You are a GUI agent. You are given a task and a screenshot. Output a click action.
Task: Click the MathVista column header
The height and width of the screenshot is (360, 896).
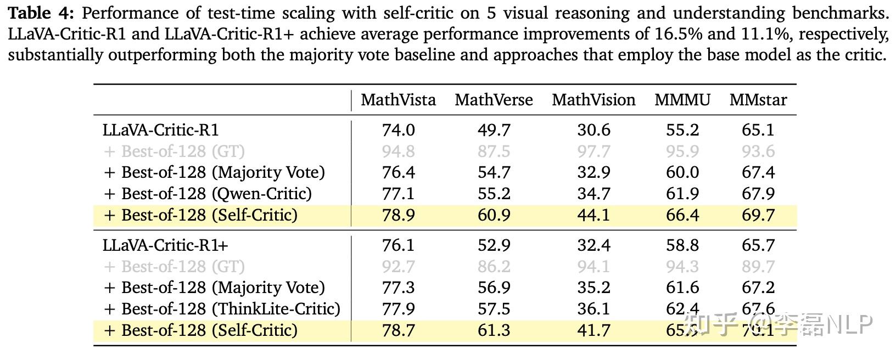(398, 100)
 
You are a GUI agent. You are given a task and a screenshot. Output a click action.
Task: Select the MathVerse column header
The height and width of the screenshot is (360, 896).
(494, 100)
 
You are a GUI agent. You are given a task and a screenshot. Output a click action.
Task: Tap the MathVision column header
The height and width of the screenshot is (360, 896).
(593, 100)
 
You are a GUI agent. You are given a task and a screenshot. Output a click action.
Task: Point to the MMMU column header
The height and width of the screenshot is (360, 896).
(682, 100)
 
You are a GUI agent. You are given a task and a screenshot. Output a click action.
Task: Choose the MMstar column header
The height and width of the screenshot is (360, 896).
(758, 100)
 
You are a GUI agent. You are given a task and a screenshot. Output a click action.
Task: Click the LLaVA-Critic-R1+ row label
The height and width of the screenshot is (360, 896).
(165, 245)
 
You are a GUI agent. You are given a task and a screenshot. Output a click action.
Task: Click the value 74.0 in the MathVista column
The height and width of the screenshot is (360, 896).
(398, 130)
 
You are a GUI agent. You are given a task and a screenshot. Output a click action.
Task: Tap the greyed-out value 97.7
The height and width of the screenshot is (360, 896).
(593, 151)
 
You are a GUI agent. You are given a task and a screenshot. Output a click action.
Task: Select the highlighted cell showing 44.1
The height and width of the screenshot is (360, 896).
(593, 215)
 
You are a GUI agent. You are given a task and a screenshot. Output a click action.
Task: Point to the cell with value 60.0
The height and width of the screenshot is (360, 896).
(682, 172)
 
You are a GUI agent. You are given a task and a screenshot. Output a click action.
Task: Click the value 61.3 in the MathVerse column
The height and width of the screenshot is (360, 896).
(494, 330)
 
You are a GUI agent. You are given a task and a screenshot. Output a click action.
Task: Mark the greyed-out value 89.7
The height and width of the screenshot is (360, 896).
(758, 266)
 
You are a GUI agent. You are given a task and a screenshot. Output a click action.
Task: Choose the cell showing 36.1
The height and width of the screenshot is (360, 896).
(593, 308)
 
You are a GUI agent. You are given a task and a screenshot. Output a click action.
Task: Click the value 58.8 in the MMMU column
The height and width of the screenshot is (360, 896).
(682, 245)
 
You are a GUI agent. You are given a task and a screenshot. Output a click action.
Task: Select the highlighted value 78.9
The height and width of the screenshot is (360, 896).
(398, 215)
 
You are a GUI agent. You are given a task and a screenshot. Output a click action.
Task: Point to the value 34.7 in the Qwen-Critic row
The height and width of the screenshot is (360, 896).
(593, 193)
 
